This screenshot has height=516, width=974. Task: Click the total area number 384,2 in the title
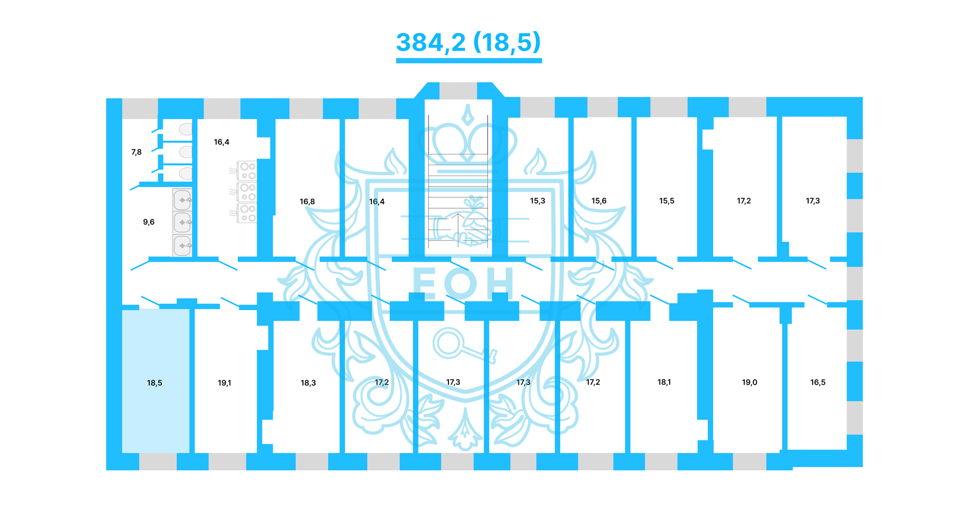pos(431,43)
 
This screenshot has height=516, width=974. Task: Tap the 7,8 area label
pos(136,152)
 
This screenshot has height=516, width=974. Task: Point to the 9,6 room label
pos(149,222)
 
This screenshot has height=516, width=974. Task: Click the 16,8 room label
pos(307,202)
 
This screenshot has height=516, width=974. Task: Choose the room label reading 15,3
pos(538,201)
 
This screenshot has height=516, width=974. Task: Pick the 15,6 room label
pos(599,201)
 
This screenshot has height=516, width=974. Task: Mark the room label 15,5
pos(667,201)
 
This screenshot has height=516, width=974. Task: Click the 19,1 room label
pos(224,383)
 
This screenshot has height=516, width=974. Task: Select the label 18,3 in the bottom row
pos(308,383)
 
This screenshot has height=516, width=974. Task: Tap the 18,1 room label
pos(664,382)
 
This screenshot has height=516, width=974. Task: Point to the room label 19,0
pos(749,382)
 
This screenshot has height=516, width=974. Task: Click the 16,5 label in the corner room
pos(818,382)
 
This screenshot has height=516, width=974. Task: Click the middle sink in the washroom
pos(182,223)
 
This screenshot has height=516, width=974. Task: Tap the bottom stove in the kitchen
pos(248,213)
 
